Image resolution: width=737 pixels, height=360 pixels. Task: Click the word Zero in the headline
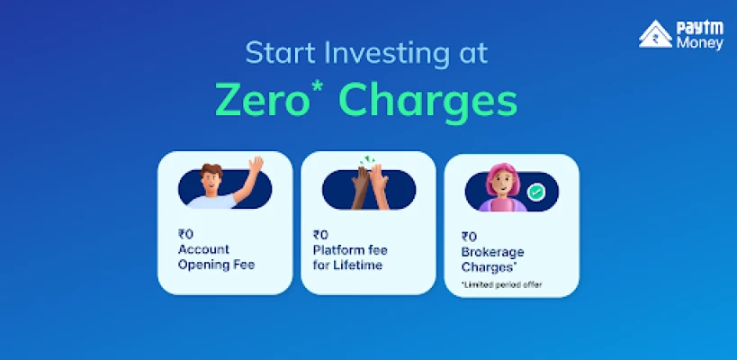[x=262, y=101]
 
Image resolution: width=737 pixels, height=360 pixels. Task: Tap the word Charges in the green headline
[x=427, y=104]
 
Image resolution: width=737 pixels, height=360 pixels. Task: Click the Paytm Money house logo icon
[x=655, y=34]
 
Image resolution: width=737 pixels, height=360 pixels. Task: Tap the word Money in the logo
[x=700, y=43]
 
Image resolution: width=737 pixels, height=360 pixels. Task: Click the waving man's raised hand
[x=256, y=165]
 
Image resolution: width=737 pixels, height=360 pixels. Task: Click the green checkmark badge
[x=535, y=192]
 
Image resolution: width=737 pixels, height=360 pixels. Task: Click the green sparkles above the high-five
[x=367, y=160]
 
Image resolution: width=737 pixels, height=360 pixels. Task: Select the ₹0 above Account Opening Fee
[x=185, y=234]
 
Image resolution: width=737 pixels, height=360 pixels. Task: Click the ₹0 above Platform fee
[x=320, y=235]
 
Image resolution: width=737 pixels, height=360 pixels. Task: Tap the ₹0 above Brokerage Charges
[x=469, y=237]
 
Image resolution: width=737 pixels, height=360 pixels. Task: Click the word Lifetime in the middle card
[x=357, y=265]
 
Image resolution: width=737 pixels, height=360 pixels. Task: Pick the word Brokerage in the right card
[x=492, y=252]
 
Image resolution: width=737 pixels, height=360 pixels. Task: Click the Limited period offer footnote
[x=501, y=284]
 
